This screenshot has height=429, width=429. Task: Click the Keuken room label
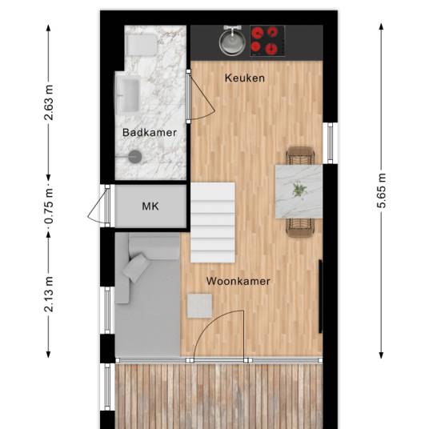coord(245,78)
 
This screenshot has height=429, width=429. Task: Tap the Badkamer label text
coord(150,133)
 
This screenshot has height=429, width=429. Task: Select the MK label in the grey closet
coord(150,206)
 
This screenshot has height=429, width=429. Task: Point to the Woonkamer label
coord(238,281)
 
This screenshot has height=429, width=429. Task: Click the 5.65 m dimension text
coord(382,190)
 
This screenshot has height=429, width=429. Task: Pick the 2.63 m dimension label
coord(49,102)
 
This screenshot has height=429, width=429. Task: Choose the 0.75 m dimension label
coord(49,206)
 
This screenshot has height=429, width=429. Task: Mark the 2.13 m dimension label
coord(49,295)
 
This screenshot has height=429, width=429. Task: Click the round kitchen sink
coord(232,43)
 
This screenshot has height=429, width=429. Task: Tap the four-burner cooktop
coord(267,41)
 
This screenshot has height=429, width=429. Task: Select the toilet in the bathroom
coord(142,45)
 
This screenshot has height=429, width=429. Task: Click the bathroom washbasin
coord(128,95)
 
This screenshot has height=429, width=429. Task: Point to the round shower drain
coord(135,157)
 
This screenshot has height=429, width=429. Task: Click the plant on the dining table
coord(299,190)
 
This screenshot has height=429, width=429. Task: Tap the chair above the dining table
coord(300,155)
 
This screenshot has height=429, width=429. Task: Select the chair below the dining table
coord(300,227)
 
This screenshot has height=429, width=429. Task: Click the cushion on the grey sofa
coord(137,267)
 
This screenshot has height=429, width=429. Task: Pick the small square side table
coord(199,306)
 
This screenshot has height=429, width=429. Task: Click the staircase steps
coord(213,223)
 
